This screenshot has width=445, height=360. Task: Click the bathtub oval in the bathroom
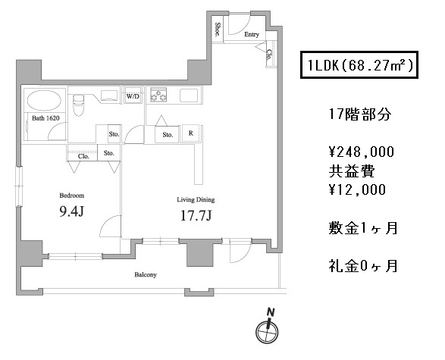click(44, 101)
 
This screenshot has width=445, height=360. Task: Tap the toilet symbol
click(78, 105)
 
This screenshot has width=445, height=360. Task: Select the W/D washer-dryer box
click(133, 96)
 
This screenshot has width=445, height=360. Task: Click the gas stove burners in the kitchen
click(158, 95)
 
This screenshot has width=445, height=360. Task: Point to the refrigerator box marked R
click(191, 133)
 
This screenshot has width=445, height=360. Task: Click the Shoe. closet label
click(218, 30)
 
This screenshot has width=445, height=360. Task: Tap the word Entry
click(252, 34)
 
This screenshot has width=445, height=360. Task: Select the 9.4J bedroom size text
click(71, 211)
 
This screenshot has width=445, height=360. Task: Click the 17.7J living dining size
click(196, 216)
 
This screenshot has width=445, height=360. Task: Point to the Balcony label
click(146, 274)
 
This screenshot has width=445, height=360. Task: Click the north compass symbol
click(268, 327)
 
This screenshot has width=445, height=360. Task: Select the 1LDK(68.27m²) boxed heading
click(359, 65)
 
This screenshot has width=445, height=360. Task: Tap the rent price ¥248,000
click(362, 152)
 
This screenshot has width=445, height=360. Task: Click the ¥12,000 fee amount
click(357, 189)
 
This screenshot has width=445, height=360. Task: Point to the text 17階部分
click(360, 114)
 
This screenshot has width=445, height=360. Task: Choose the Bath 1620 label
click(45, 118)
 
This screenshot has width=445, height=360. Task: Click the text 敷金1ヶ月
click(363, 228)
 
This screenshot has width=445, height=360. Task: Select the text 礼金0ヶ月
click(363, 266)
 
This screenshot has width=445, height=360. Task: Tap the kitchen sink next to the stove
click(189, 95)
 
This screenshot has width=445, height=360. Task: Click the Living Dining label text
click(196, 200)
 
